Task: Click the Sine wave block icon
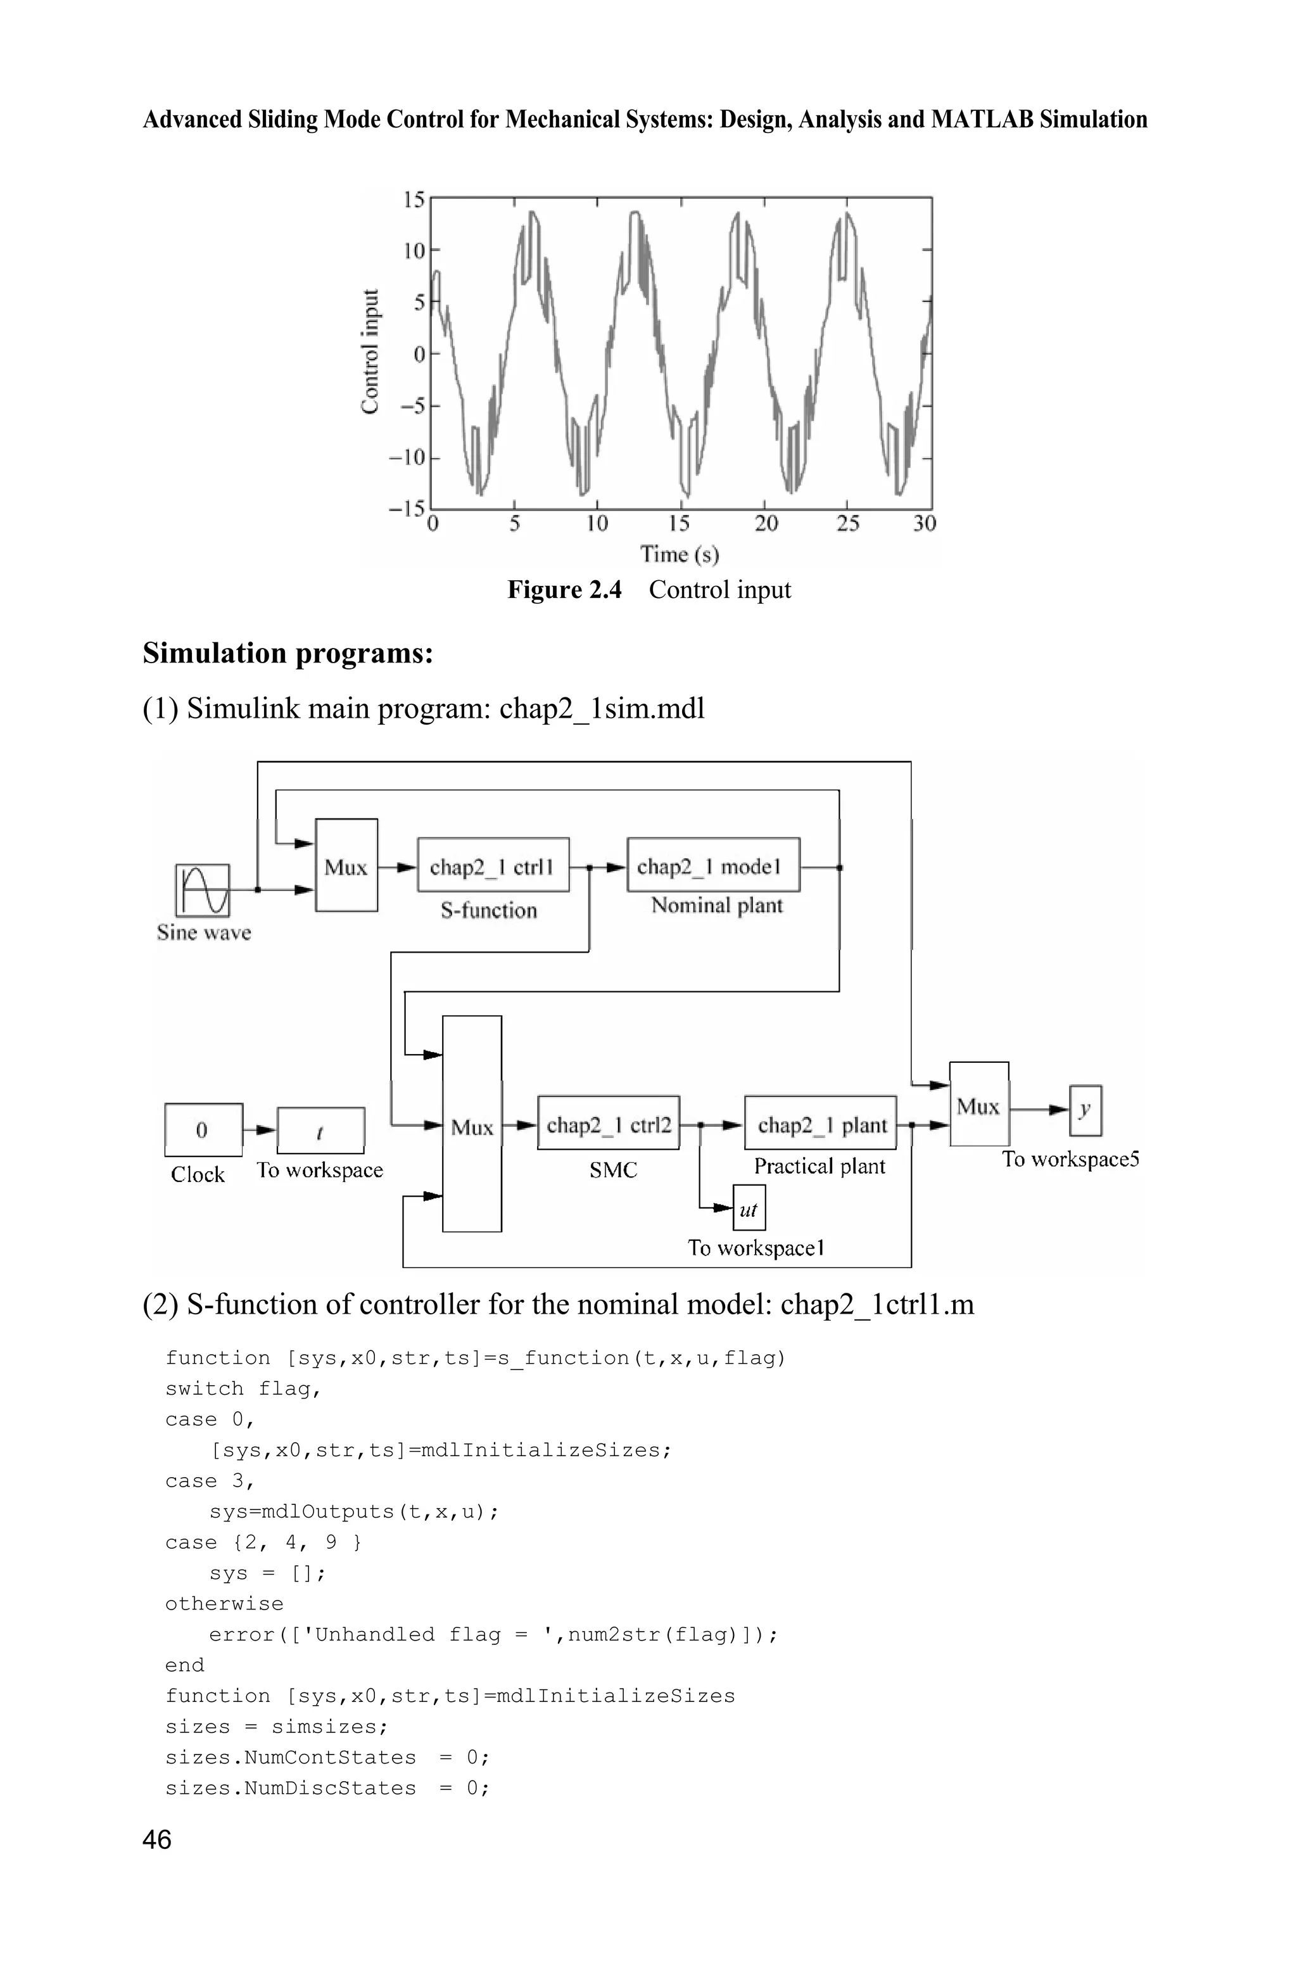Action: (x=203, y=890)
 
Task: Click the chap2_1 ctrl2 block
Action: (x=608, y=1124)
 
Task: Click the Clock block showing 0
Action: (x=203, y=1130)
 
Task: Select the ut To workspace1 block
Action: (x=749, y=1209)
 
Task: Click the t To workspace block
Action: (x=320, y=1131)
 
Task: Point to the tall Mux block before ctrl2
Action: (x=471, y=1124)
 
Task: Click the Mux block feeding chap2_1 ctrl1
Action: (x=346, y=866)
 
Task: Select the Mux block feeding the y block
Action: (x=978, y=1105)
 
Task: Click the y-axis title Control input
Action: (x=370, y=352)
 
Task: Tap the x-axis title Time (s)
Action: (x=679, y=554)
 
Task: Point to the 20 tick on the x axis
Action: (x=766, y=524)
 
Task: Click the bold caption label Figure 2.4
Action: (x=564, y=590)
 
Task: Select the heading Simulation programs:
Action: (x=288, y=654)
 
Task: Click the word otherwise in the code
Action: (x=224, y=1603)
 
